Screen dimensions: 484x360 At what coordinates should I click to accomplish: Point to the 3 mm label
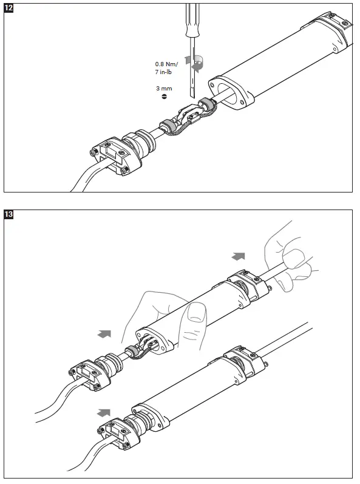(x=164, y=89)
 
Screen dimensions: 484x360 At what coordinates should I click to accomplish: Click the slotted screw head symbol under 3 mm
(x=164, y=97)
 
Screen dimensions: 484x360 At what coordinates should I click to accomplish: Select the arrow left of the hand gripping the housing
(x=104, y=333)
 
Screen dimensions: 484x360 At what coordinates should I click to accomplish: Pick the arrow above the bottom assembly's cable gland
(x=104, y=412)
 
